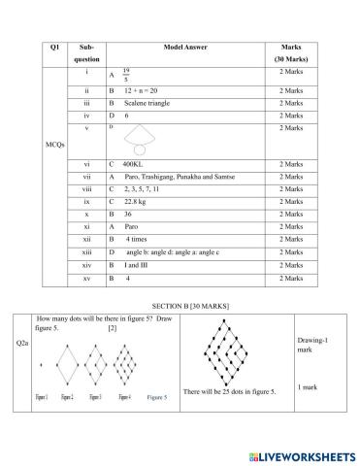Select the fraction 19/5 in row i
[126, 73]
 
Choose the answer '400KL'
[137, 165]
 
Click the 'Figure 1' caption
[43, 397]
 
